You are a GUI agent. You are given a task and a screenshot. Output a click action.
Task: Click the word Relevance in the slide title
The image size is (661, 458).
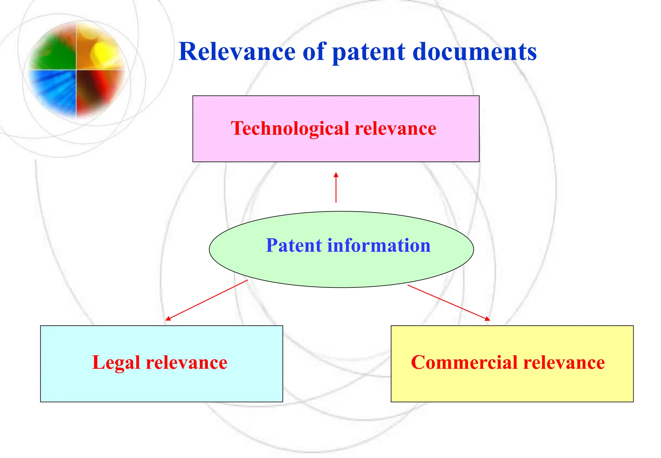(237, 52)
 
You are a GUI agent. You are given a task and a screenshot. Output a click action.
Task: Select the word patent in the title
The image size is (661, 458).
(369, 52)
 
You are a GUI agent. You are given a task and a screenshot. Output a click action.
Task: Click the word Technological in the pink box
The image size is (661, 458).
(290, 129)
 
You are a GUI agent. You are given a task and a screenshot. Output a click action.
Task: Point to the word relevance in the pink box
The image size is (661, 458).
(395, 129)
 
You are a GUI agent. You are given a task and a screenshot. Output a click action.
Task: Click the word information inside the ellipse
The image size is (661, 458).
(379, 245)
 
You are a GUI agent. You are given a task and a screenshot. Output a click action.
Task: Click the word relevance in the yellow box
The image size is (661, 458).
(564, 362)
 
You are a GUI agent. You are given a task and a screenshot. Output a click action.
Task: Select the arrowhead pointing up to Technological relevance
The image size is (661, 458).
(336, 175)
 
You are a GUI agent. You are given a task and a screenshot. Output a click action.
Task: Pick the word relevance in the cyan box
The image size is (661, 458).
(187, 363)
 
